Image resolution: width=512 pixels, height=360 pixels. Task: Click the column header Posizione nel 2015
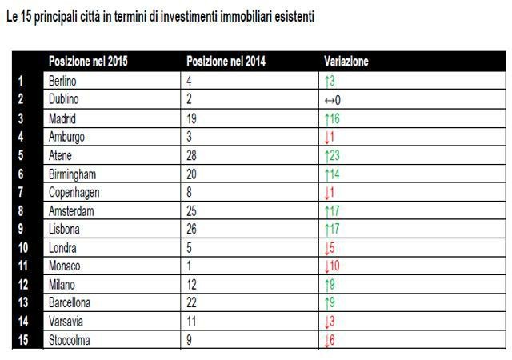tap(88, 62)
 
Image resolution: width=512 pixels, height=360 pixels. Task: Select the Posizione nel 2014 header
tap(226, 62)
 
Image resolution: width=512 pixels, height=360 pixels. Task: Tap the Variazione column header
tap(346, 62)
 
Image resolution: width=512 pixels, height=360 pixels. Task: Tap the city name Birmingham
tap(73, 174)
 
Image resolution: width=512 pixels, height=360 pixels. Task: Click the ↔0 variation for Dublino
tap(333, 99)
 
